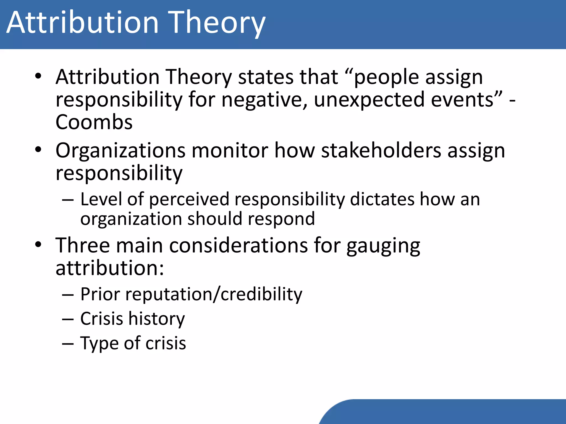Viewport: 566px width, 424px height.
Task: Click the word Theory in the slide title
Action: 217,23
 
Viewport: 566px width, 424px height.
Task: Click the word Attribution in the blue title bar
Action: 82,23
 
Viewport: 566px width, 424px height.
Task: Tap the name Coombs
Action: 94,122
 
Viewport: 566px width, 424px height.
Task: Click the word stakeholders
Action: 381,151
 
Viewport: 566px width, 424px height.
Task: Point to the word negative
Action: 264,100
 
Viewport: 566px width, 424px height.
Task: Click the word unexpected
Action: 369,100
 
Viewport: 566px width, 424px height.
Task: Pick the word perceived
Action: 189,199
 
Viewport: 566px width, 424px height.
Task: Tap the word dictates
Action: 382,199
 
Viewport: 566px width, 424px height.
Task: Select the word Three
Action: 82,245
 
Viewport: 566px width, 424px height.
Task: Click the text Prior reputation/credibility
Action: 191,294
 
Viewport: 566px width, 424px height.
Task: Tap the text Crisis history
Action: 132,319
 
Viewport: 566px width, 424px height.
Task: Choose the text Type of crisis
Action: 133,343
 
